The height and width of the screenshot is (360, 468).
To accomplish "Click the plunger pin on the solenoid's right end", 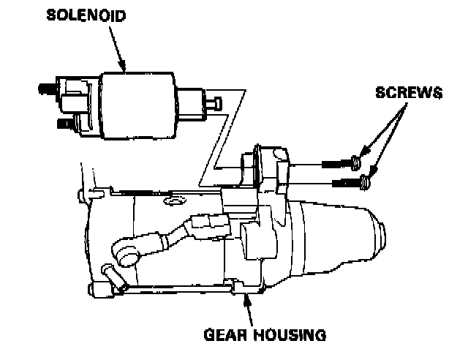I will tap(215, 105).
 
